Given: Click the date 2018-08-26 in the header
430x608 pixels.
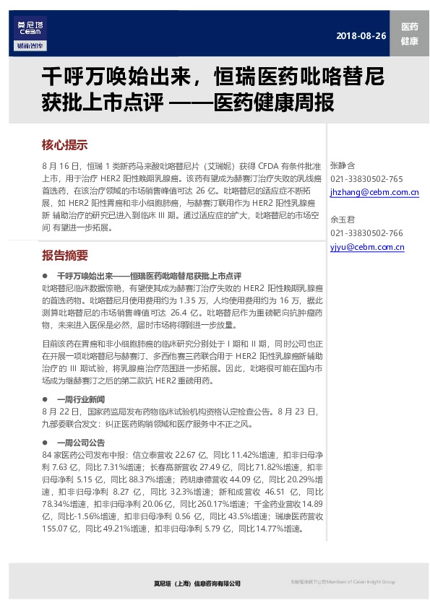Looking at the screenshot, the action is point(361,37).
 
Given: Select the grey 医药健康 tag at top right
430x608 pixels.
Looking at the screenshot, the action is point(409,34).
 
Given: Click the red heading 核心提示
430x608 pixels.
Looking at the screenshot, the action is point(65,144).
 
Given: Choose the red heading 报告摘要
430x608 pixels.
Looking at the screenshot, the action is point(65,256).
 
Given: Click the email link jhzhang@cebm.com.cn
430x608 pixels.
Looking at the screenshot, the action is point(374,193).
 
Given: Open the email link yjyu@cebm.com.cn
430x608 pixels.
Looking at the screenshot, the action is point(366,247).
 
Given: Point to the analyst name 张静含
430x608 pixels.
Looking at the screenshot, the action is point(342,165).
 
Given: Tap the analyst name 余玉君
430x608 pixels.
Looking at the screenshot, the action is point(342,220).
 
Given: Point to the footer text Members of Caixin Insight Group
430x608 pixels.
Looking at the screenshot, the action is point(358,582).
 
